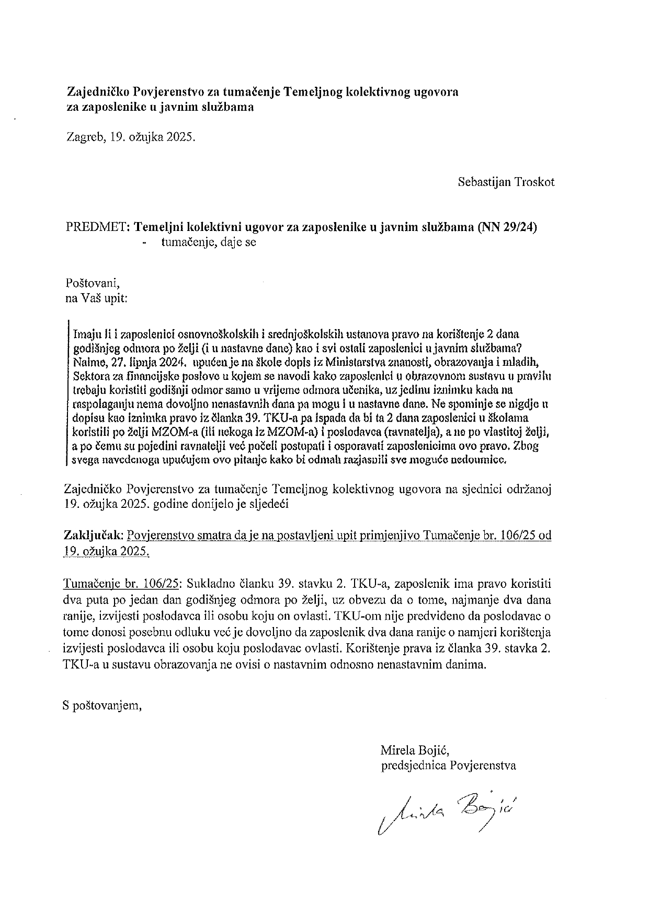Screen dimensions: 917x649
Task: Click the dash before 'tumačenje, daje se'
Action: pyautogui.click(x=144, y=242)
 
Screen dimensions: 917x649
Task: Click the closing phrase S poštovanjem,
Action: pyautogui.click(x=101, y=706)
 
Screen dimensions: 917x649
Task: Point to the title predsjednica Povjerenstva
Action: pyautogui.click(x=448, y=765)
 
